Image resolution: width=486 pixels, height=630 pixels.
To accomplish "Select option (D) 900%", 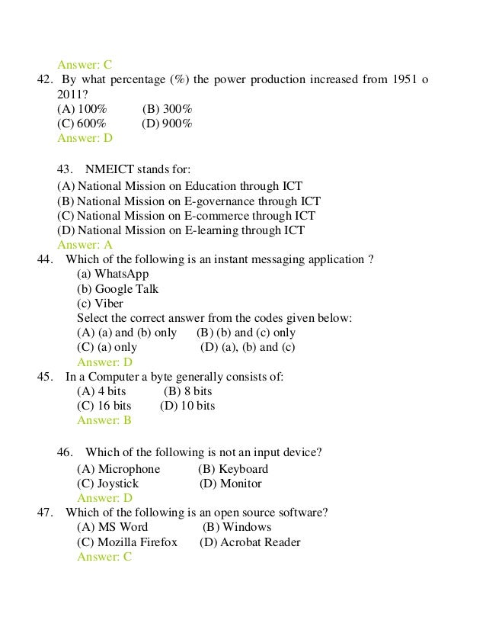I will pyautogui.click(x=168, y=124).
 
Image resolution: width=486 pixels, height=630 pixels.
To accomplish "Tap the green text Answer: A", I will pyautogui.click(x=85, y=245).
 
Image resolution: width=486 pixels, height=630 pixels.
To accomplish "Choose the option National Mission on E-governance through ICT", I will pyautogui.click(x=189, y=201).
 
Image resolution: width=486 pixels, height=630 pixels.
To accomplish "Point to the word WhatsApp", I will pyautogui.click(x=122, y=274).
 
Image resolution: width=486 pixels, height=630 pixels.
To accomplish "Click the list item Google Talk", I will pyautogui.click(x=126, y=289).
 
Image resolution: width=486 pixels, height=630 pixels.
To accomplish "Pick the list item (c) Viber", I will pyautogui.click(x=100, y=304).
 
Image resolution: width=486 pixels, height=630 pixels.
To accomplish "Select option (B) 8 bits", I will pyautogui.click(x=187, y=391).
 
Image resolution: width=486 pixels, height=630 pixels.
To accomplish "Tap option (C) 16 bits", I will pyautogui.click(x=104, y=406).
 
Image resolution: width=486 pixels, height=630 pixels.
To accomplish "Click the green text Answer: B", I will pyautogui.click(x=104, y=420).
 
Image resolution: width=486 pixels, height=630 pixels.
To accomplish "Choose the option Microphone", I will pyautogui.click(x=129, y=469).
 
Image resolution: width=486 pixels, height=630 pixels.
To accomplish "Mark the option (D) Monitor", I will pyautogui.click(x=230, y=484).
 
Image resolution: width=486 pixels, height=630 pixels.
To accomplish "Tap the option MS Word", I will pyautogui.click(x=123, y=527).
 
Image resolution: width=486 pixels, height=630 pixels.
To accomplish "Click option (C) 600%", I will pyautogui.click(x=82, y=124).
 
